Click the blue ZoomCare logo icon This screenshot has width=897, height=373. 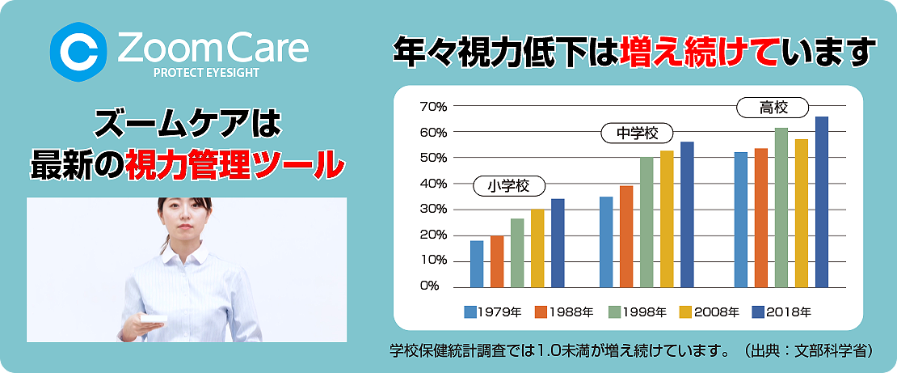(78, 52)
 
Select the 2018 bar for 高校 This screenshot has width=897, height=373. (822, 201)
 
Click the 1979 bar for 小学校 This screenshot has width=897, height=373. (477, 264)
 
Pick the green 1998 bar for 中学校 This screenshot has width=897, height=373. (646, 223)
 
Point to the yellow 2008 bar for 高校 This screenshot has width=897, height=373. (802, 213)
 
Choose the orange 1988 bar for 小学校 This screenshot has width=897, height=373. (497, 261)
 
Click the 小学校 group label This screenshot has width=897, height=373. (509, 185)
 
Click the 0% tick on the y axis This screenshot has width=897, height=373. (429, 286)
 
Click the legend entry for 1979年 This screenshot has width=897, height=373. (493, 312)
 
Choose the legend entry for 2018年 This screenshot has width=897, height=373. (781, 312)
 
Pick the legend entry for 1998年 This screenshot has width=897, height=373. (637, 312)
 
